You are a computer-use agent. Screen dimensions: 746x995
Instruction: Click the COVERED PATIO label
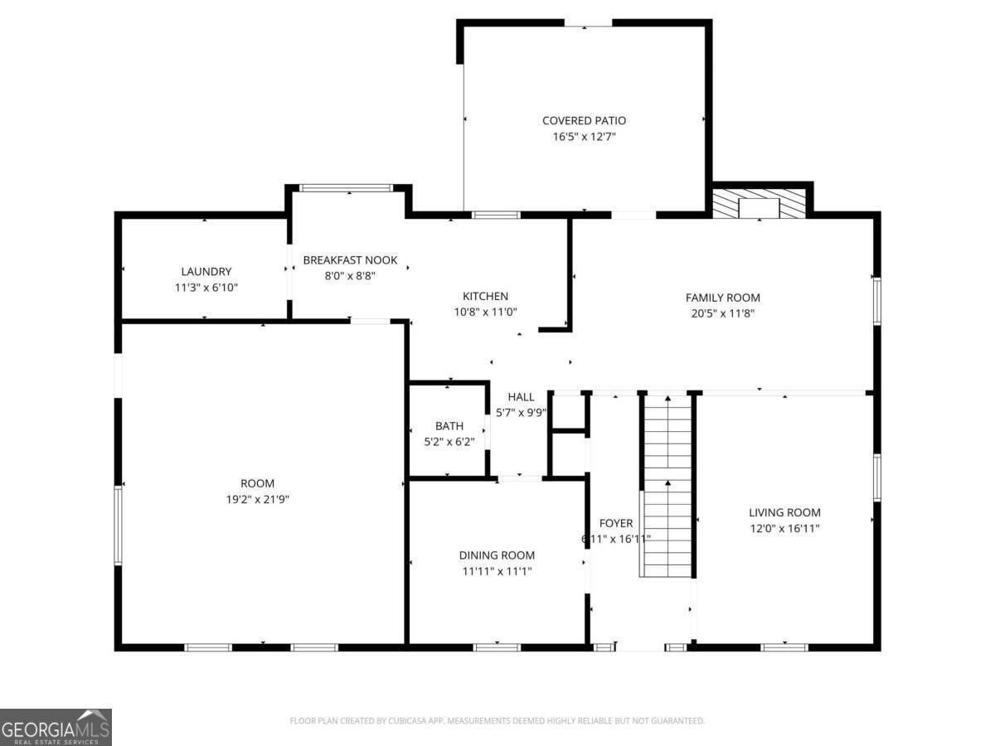coord(584,121)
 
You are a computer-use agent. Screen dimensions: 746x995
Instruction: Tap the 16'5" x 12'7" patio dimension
coord(584,137)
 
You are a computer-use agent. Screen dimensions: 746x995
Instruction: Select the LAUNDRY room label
coord(206,271)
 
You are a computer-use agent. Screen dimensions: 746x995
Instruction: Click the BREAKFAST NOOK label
coord(350,260)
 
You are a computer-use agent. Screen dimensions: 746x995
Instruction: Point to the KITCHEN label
coord(485,296)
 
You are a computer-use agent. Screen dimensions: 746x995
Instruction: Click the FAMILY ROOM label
coord(722,298)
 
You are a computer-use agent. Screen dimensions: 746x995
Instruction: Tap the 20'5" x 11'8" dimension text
coord(722,313)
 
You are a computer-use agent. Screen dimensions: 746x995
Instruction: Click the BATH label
coord(449,426)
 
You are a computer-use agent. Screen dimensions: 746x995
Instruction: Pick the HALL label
coord(522,397)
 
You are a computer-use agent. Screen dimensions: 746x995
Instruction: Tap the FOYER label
coord(616,523)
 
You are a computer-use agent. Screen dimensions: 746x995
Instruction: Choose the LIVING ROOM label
coord(784,512)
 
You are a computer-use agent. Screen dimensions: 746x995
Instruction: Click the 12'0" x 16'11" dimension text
coord(784,528)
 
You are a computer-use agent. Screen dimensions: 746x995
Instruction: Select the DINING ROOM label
coord(497,555)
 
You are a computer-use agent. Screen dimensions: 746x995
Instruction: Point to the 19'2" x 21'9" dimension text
coord(257,499)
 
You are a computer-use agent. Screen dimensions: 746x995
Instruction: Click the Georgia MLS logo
coord(56,727)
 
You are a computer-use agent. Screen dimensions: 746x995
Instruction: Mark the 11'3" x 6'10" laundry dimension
coord(206,287)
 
